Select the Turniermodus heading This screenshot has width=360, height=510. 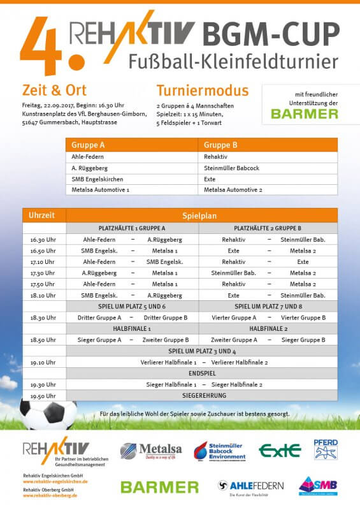[203, 90]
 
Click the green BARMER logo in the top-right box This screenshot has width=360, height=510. [305, 114]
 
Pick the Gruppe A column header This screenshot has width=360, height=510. [89, 145]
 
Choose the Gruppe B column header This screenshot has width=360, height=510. [221, 145]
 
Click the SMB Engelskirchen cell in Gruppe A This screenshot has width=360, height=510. [97, 179]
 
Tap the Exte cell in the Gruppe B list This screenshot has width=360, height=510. [210, 179]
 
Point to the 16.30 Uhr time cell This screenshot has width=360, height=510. [44, 240]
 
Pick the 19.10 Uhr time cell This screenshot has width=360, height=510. [44, 362]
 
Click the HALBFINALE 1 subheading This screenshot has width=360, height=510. [132, 328]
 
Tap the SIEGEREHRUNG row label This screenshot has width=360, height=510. [202, 396]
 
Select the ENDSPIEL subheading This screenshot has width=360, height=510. [202, 373]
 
